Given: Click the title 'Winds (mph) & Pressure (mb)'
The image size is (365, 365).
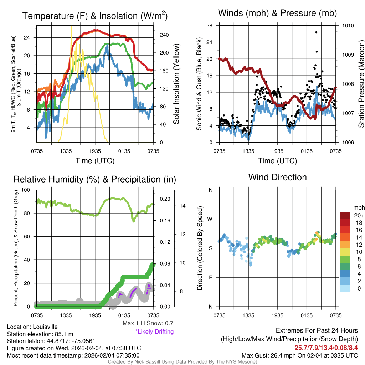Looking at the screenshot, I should coord(277,14).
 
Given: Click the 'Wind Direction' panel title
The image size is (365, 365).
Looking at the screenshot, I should coord(277,177).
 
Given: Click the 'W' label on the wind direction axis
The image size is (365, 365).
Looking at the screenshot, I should coord(210,219).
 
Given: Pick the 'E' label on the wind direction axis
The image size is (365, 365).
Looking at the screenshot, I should coord(210,277).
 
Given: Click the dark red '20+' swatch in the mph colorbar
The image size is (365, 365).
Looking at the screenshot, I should coord(345,216).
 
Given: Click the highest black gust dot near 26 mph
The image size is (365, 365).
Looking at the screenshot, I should coord(316,32).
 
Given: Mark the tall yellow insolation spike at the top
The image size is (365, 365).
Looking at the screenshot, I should coord(71,27).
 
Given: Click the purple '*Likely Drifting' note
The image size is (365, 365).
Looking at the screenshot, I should coord(154,332).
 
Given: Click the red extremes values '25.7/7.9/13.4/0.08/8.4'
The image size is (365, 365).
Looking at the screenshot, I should coord(326,348).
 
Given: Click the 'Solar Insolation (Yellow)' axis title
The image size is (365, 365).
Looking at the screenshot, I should coord(176,84).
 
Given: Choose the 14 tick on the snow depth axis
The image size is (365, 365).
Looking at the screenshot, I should coord(183,206).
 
